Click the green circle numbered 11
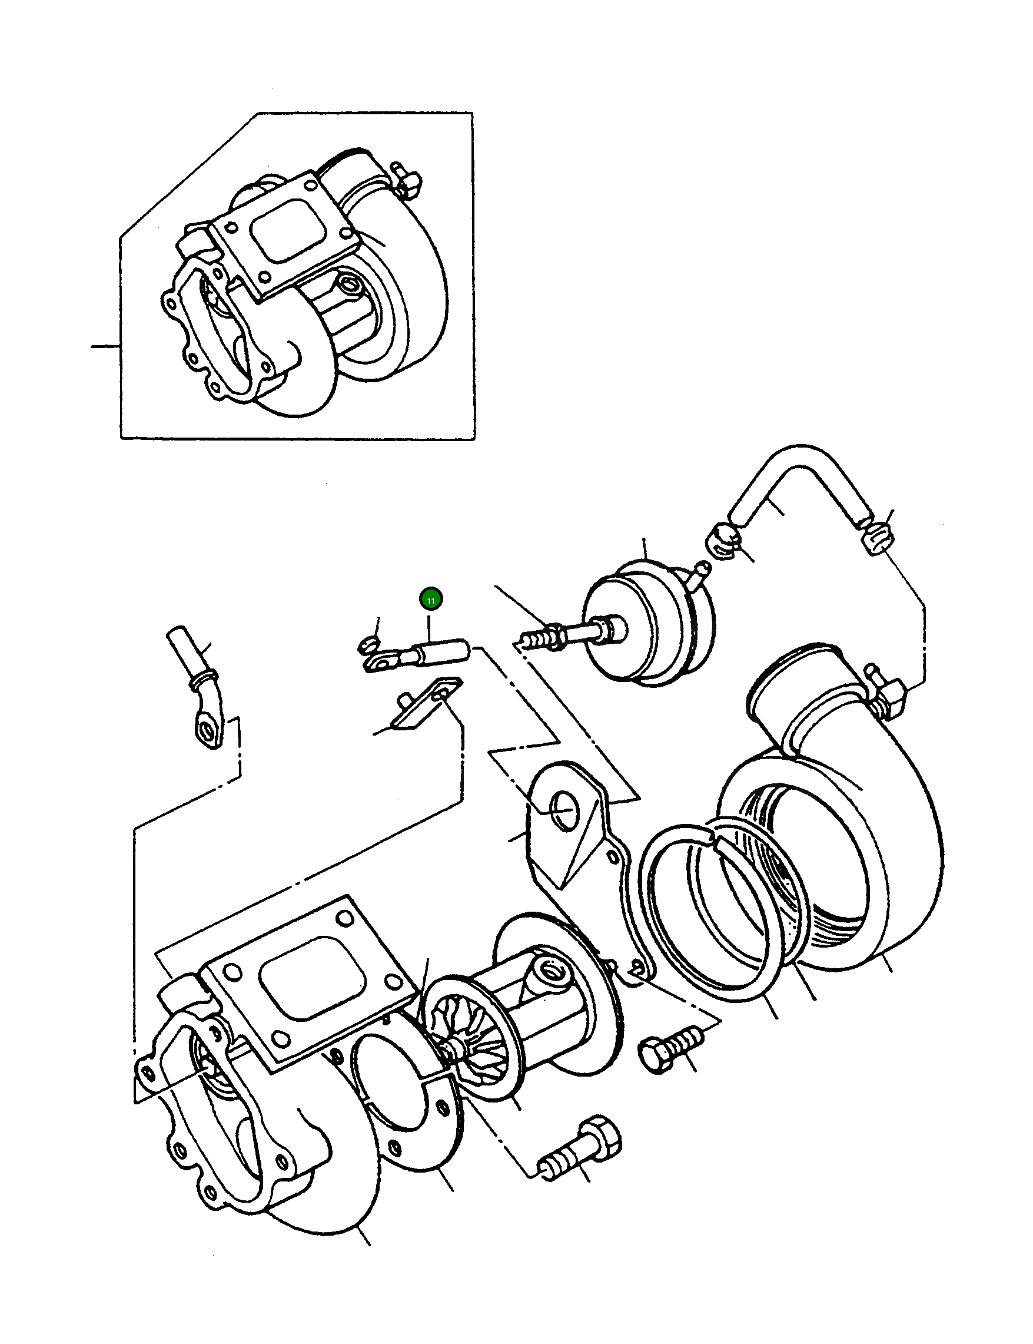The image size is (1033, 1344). point(431,600)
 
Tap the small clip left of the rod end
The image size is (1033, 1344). point(367,646)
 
